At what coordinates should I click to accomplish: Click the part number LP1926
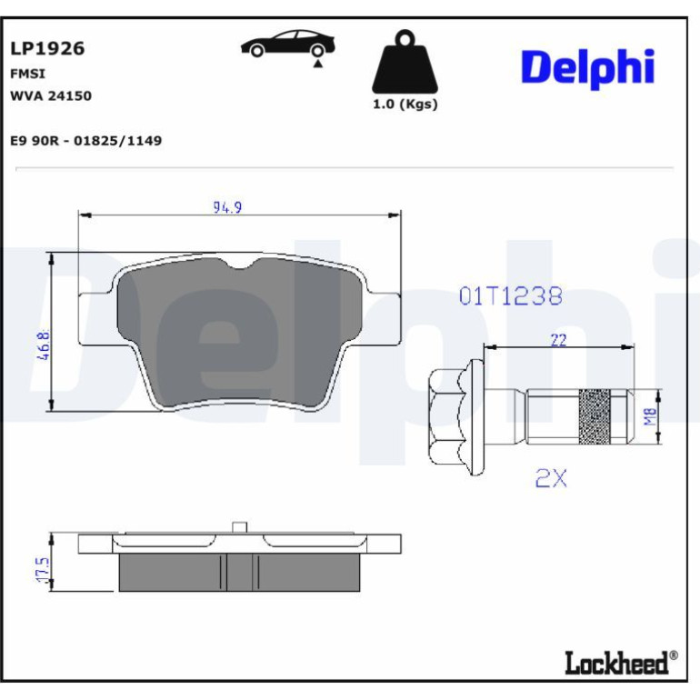47,49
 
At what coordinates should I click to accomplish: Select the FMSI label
27,74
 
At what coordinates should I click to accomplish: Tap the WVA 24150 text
51,96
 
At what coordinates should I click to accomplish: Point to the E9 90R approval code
86,141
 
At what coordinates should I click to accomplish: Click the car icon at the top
287,45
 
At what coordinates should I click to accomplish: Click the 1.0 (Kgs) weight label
405,105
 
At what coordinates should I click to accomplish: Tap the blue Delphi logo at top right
587,68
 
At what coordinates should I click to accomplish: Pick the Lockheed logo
621,663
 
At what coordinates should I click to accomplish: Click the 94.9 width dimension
227,207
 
